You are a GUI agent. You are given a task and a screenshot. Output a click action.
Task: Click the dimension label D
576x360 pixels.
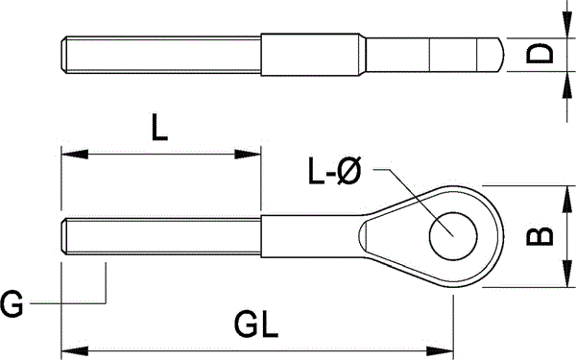pos(540,54)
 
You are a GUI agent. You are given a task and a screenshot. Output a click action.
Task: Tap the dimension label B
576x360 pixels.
pos(540,236)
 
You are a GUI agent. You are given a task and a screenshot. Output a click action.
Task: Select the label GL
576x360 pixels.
pos(256,324)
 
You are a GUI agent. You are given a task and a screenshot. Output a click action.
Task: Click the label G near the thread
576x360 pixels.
pos(12,303)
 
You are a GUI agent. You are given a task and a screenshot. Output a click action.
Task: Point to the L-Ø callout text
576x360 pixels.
pos(335,171)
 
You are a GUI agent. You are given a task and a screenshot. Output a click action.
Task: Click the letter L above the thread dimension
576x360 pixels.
pos(159,127)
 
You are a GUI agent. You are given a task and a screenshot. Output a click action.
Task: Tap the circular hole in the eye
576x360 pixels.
pos(453,236)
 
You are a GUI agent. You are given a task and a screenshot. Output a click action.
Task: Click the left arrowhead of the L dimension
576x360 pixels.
pos(75,154)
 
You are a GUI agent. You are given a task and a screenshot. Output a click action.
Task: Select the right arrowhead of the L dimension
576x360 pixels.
pos(248,154)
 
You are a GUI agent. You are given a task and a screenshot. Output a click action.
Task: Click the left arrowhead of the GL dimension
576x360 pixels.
pos(75,350)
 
